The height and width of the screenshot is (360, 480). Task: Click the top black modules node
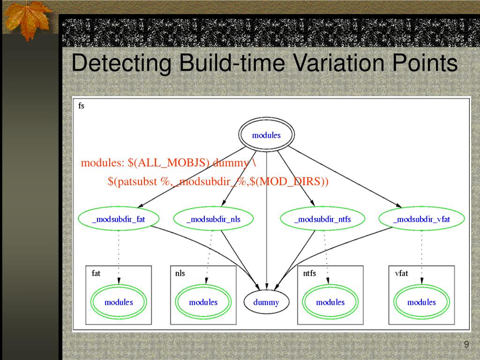[x=266, y=135]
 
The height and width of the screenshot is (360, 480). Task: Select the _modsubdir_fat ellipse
[x=119, y=219]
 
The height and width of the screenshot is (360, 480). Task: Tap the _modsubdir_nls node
[x=213, y=219]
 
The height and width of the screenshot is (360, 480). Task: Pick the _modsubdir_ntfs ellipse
[x=322, y=219]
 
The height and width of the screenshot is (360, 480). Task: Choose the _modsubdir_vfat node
[x=421, y=219]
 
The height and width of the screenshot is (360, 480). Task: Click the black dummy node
[x=266, y=302]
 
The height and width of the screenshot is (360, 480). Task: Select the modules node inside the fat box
[x=119, y=302]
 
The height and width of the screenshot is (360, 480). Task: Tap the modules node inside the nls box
[x=203, y=302]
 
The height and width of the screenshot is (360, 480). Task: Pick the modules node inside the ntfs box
[x=330, y=302]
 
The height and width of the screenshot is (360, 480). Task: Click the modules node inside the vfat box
[x=421, y=302]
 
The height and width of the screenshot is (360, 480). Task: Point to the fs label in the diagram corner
[x=81, y=106]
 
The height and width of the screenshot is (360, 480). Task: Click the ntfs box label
[x=309, y=273]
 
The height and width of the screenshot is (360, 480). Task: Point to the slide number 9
[x=466, y=345]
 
